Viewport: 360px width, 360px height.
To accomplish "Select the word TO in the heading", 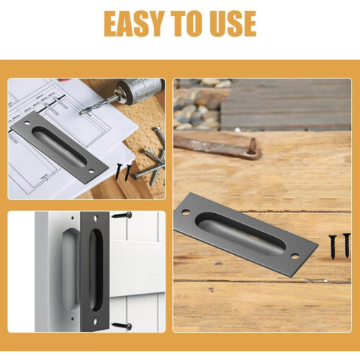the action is tap(188, 24).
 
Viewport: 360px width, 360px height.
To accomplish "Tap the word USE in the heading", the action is tap(233, 24).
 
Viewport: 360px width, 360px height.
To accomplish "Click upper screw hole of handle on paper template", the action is tap(27, 122).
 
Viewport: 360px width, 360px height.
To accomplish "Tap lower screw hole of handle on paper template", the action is tap(91, 171).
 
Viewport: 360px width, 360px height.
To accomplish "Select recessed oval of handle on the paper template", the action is tap(59, 146).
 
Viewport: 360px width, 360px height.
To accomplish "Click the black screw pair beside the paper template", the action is tap(123, 172).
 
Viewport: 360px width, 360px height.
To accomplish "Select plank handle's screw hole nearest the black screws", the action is tap(295, 256).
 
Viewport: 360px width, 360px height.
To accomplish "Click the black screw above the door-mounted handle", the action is tap(122, 215).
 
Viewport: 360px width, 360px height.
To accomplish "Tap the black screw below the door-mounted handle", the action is tap(122, 326).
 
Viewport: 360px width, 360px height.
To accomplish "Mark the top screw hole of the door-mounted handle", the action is tap(96, 218).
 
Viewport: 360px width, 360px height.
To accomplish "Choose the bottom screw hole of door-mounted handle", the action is tap(95, 322).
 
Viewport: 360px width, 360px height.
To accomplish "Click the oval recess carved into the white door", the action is tap(71, 269).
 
